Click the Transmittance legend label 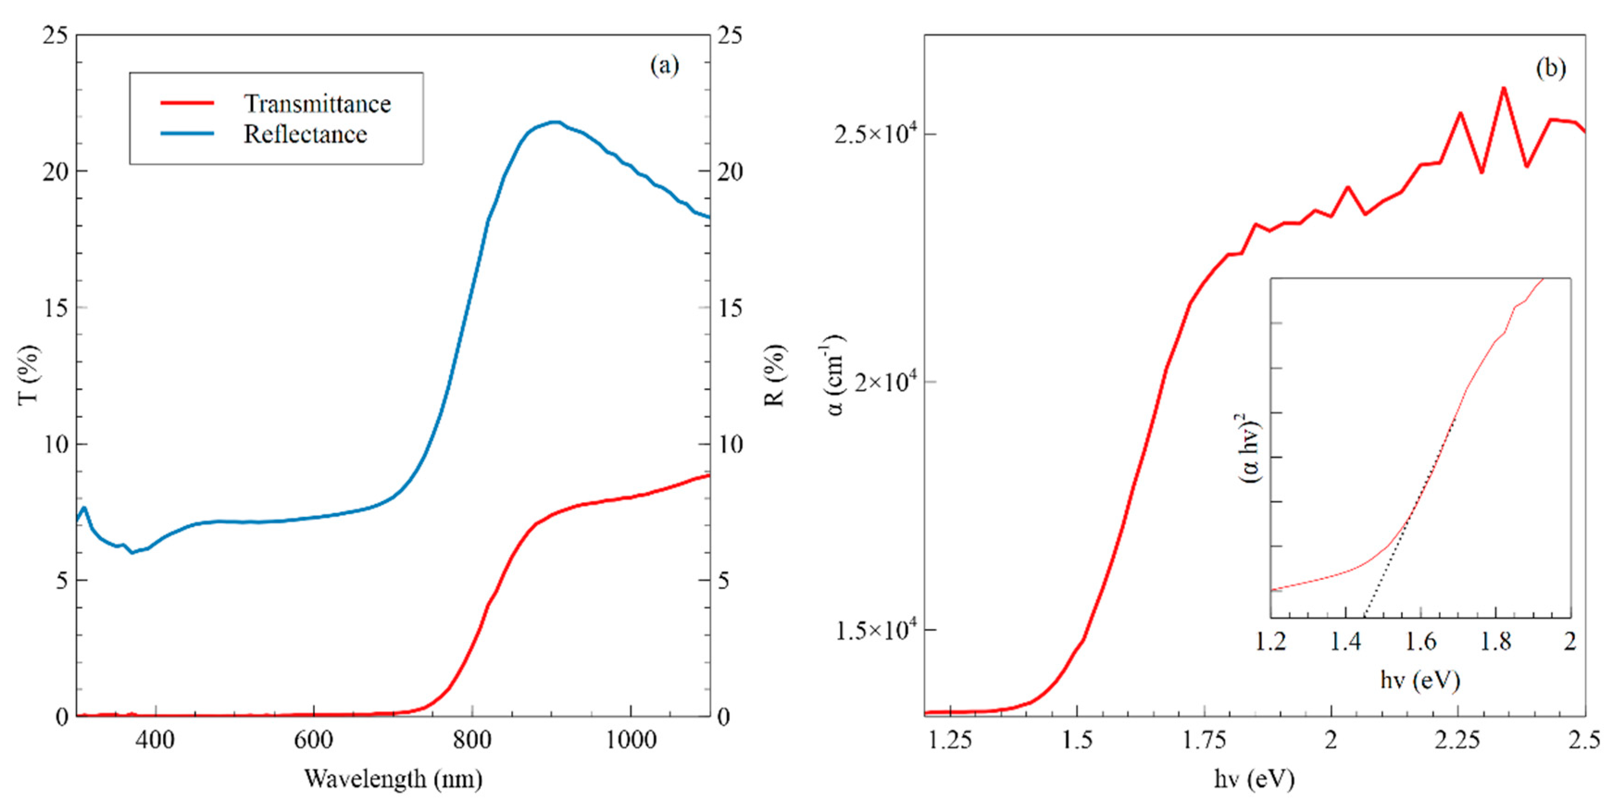tap(317, 104)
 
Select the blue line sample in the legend tap(187, 134)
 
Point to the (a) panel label tap(664, 65)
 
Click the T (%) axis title tap(29, 374)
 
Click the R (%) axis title tap(776, 375)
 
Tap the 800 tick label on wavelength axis tap(472, 740)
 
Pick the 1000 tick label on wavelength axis tap(631, 740)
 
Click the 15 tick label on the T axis tap(55, 308)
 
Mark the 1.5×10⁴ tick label tap(876, 630)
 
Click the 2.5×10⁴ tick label tap(876, 134)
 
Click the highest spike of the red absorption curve tap(1504, 88)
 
